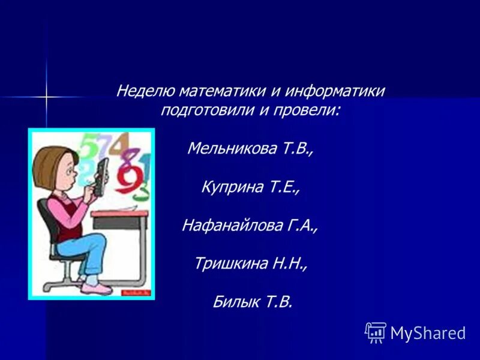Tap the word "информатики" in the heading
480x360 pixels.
[334, 92]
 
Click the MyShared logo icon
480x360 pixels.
[376, 332]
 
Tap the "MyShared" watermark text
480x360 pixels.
[428, 333]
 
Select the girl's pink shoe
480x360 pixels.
[95, 289]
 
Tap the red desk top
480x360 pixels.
[121, 212]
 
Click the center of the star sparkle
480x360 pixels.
[46, 96]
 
